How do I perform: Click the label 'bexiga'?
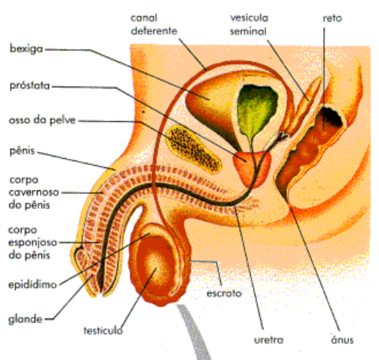26,48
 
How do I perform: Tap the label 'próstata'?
30,86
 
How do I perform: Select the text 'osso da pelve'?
42,120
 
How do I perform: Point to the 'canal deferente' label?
154,25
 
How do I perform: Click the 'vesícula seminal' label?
249,25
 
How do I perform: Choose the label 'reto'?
332,18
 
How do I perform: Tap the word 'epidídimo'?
32,284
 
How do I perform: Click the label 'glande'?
25,319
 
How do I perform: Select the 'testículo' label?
104,330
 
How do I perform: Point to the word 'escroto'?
224,293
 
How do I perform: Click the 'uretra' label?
269,340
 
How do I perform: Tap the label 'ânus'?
342,339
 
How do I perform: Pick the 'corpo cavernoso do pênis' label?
34,193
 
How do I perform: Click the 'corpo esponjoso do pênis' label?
33,243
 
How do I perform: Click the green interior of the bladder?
255,107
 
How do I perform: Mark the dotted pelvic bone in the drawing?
193,149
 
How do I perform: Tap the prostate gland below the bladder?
252,168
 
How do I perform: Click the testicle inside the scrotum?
153,267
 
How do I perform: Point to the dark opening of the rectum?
331,117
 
